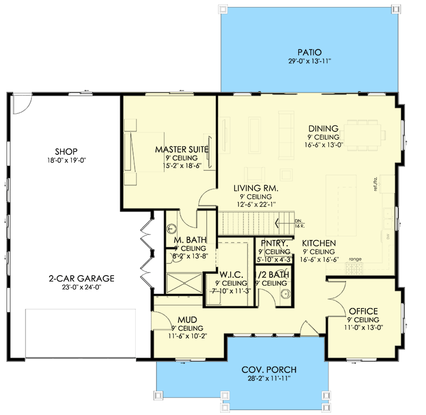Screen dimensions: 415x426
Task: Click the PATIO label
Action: pos(309,52)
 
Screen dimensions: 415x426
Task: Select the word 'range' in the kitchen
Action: pos(355,259)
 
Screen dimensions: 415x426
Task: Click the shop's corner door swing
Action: pos(22,103)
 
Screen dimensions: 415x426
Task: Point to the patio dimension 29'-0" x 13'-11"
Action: pos(309,61)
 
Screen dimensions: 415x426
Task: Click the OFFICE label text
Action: pos(363,311)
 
